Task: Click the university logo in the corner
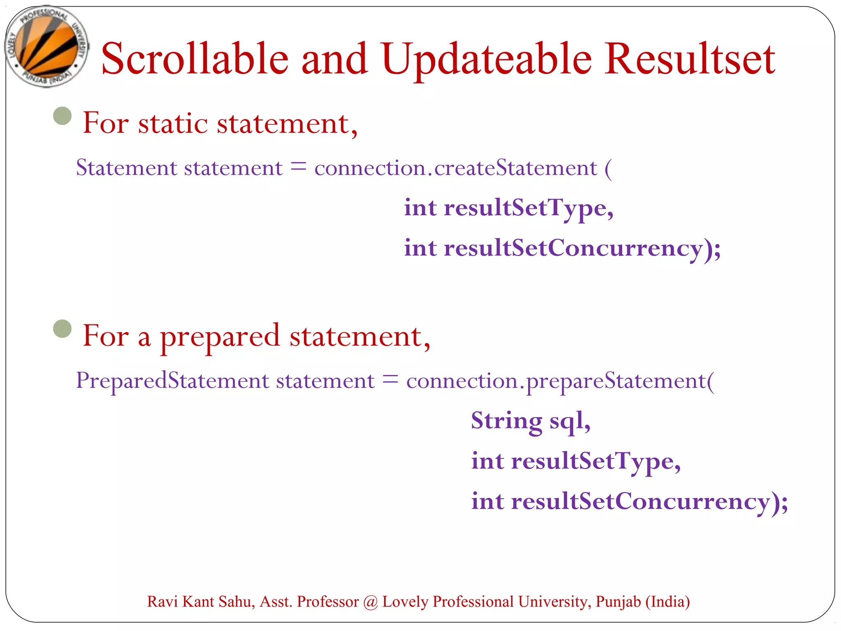pyautogui.click(x=46, y=46)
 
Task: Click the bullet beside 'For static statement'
pyautogui.click(x=62, y=116)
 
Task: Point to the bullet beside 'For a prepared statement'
pyautogui.click(x=62, y=329)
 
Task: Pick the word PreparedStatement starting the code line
pyautogui.click(x=122, y=380)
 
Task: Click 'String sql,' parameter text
pyautogui.click(x=531, y=421)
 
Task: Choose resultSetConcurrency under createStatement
pyautogui.click(x=573, y=248)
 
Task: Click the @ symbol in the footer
pyautogui.click(x=370, y=602)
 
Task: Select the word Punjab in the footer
pyautogui.click(x=618, y=601)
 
